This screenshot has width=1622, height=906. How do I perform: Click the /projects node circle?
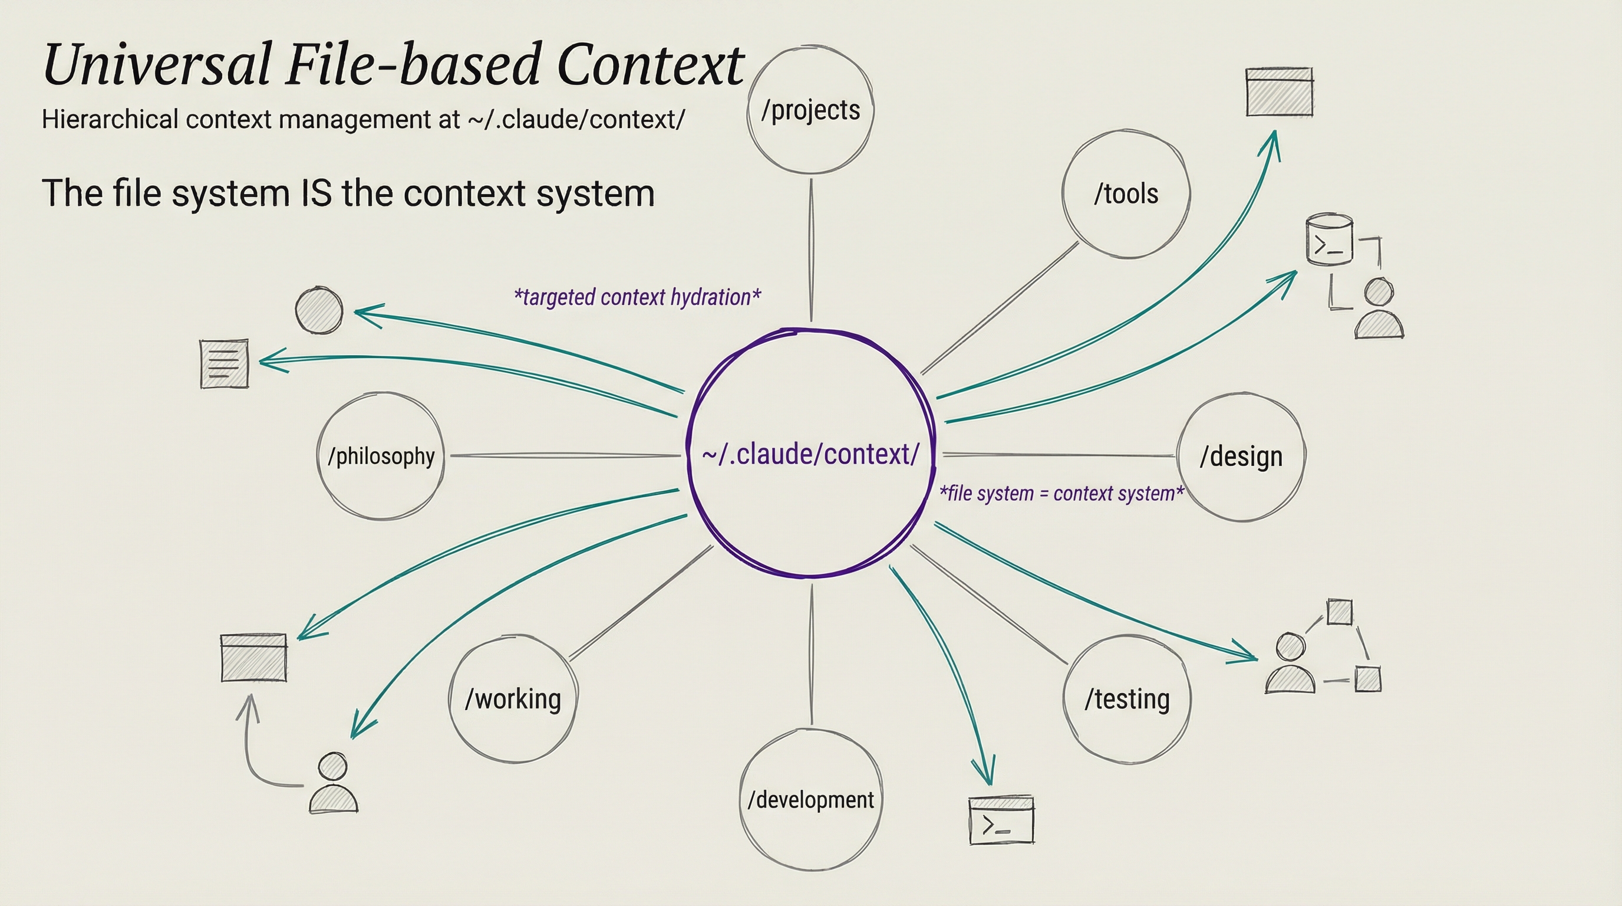pos(810,110)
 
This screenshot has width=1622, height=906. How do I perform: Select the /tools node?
pos(1126,194)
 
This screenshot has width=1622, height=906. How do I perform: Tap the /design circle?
pos(1241,457)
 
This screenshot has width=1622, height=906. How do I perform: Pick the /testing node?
pos(1127,700)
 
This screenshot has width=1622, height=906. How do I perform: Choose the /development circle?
pos(810,800)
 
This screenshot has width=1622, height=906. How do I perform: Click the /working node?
pos(513,700)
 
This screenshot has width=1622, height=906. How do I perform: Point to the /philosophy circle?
pos(381,456)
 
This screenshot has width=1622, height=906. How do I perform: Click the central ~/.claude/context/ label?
pos(810,454)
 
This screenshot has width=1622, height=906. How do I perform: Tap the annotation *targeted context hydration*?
pos(637,297)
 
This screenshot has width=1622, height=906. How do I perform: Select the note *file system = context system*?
pos(1061,493)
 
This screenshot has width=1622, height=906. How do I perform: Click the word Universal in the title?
pos(157,65)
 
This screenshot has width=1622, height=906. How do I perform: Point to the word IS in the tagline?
pos(317,193)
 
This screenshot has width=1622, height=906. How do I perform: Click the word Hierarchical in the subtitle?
pos(110,119)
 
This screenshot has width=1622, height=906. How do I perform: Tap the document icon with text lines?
pos(224,364)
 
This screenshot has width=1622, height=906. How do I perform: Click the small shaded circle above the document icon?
pos(319,310)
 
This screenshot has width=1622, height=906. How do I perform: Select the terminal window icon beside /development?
pos(1001,820)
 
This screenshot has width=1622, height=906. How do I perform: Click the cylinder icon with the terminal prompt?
pos(1329,240)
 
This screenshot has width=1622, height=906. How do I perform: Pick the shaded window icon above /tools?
pos(1280,92)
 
